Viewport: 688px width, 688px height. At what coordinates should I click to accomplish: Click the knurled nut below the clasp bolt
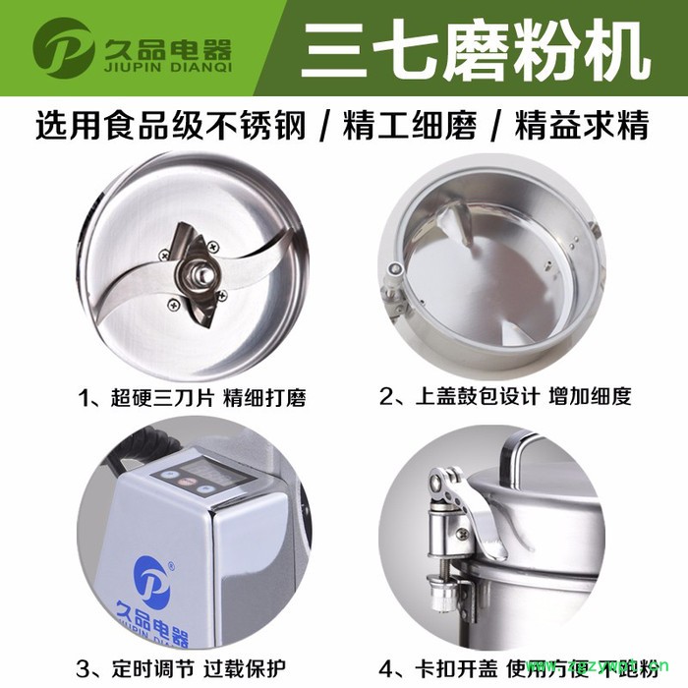444,596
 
